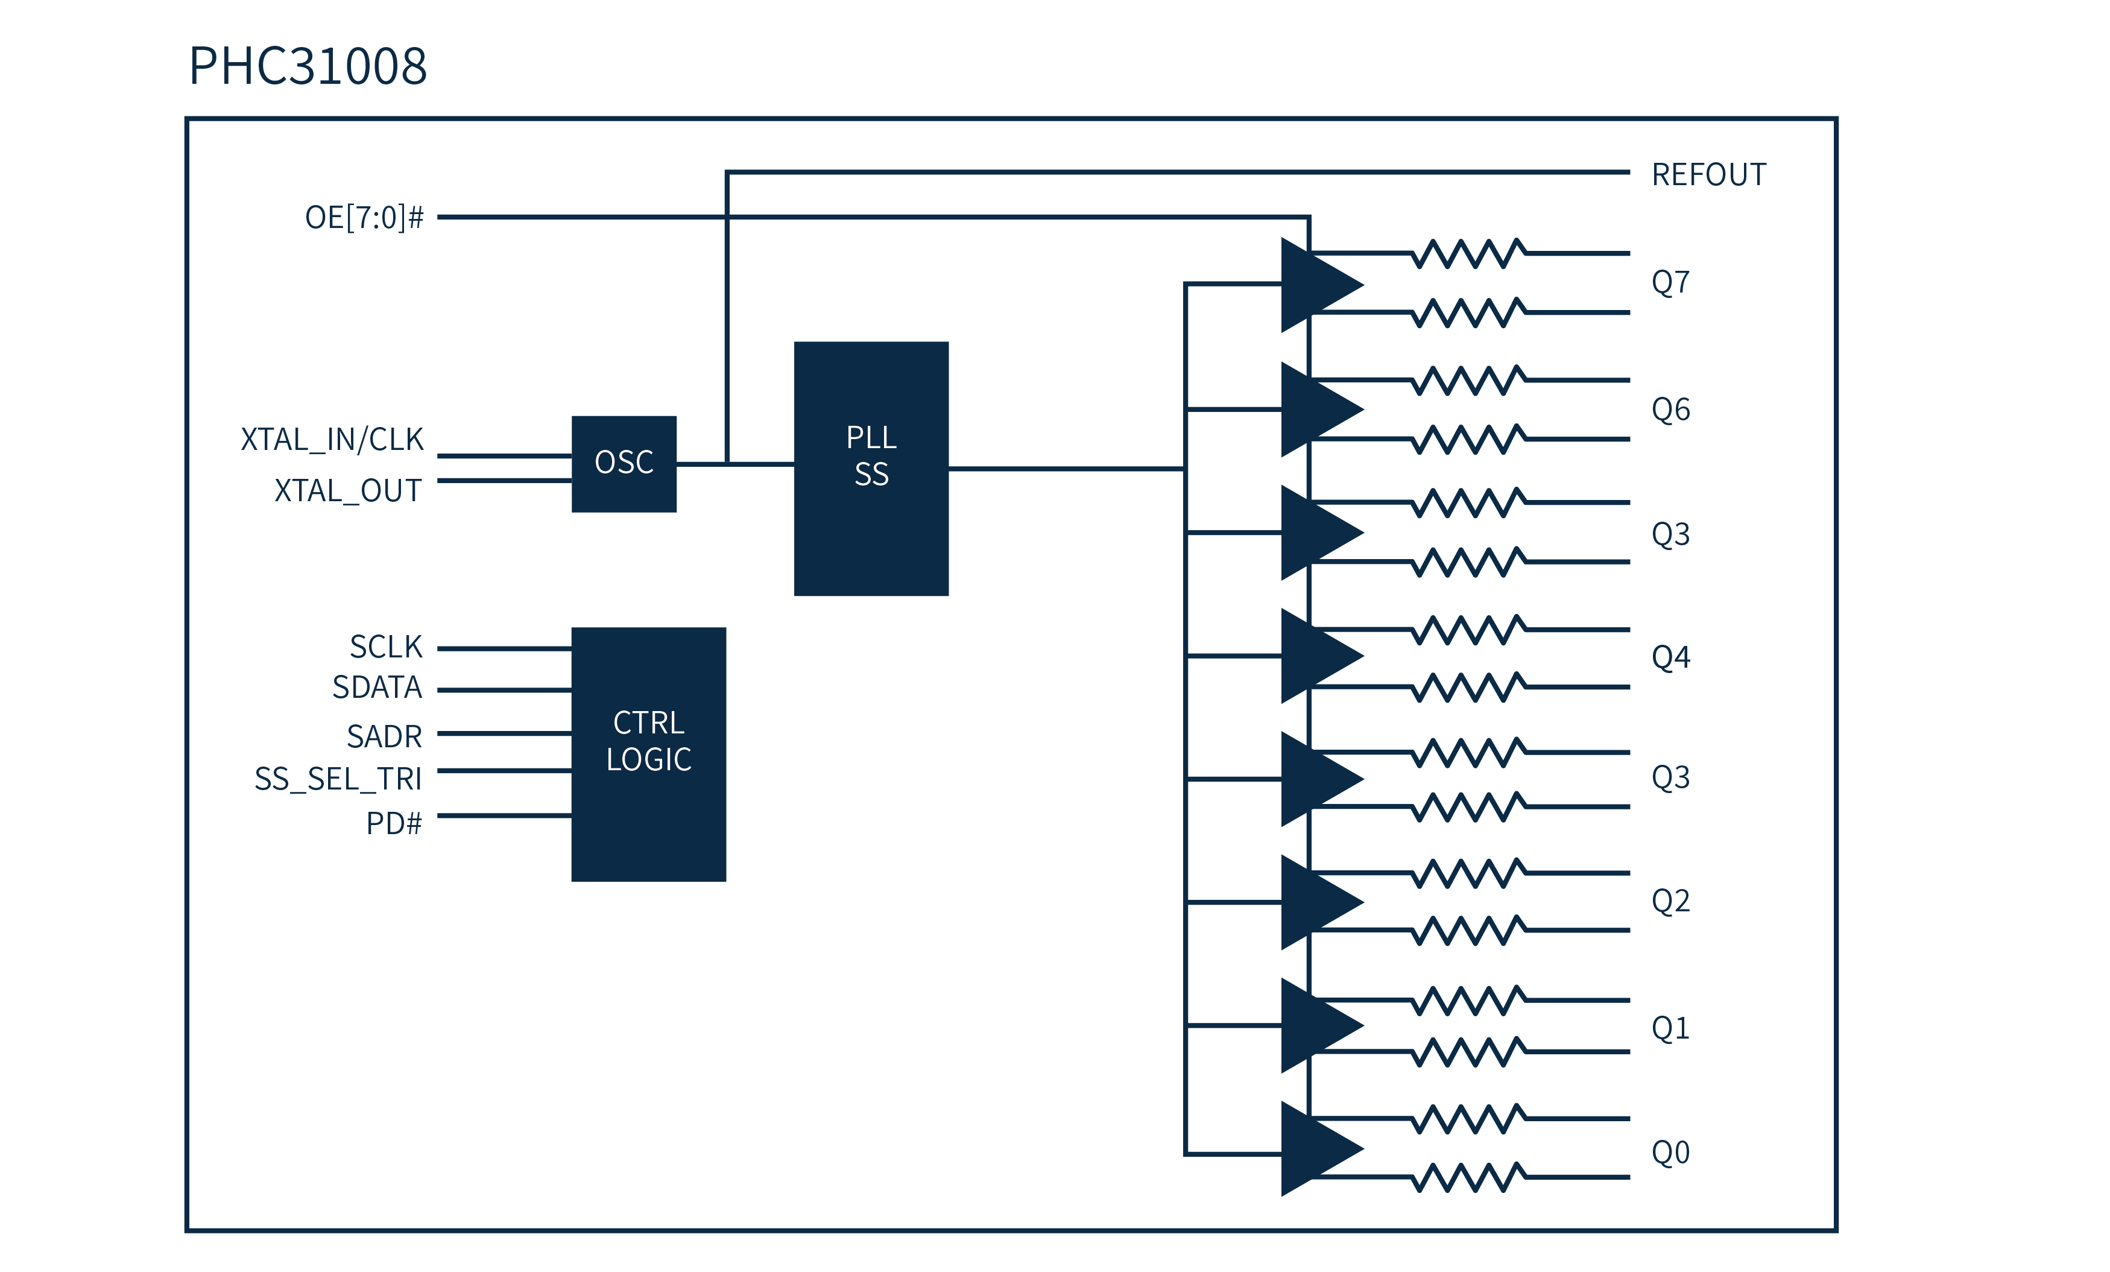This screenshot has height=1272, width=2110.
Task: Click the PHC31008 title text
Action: pyautogui.click(x=308, y=66)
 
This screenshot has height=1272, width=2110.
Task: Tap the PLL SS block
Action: pyautogui.click(x=871, y=469)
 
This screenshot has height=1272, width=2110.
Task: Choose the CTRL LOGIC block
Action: pyautogui.click(x=648, y=754)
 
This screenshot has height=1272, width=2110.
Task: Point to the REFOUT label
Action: pyautogui.click(x=1708, y=175)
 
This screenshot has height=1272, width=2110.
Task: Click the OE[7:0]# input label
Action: pyautogui.click(x=364, y=218)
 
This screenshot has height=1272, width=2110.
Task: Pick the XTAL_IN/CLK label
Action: pyautogui.click(x=332, y=440)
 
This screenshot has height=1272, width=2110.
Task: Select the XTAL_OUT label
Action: pyautogui.click(x=348, y=491)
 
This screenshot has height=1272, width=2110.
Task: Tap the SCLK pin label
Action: pyautogui.click(x=385, y=647)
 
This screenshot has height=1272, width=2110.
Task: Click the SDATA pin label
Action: pyautogui.click(x=377, y=687)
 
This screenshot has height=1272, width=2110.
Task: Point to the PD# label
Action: pyautogui.click(x=394, y=823)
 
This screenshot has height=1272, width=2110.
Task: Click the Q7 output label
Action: pyautogui.click(x=1670, y=282)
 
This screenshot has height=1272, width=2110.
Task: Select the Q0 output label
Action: pyautogui.click(x=1670, y=1152)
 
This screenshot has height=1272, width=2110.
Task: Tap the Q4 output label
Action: pyautogui.click(x=1670, y=657)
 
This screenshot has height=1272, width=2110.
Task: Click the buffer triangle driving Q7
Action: pyautogui.click(x=1315, y=285)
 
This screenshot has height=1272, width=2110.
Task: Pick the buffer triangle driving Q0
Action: pyautogui.click(x=1315, y=1148)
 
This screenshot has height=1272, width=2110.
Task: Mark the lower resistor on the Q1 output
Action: pyautogui.click(x=1468, y=1052)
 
